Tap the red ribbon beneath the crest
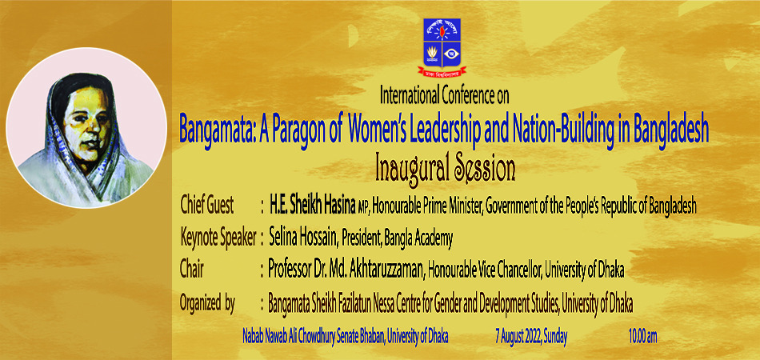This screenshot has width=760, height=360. pos(442,72)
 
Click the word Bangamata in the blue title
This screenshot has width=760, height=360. pos(214,130)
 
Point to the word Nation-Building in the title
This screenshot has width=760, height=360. pos(545,128)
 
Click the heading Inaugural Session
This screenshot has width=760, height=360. pos(445,169)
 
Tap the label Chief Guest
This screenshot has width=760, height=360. pos(206,206)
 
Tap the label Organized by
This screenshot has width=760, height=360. pos(207,303)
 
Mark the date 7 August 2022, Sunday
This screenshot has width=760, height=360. pos(531,336)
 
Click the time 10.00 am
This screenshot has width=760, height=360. pos(642,336)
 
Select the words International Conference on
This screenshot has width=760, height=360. pos(445,96)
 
